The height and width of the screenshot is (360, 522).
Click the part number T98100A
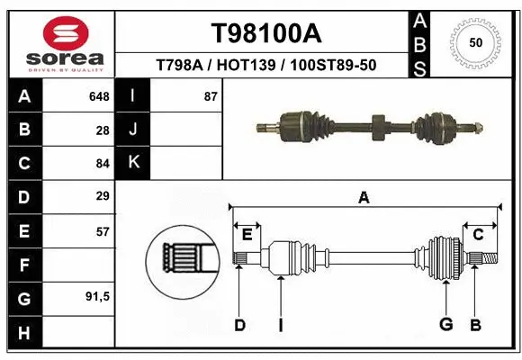click(265, 33)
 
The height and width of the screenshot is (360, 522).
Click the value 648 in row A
click(99, 96)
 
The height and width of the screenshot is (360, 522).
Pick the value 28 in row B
click(103, 130)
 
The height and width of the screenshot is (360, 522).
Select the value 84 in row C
click(103, 163)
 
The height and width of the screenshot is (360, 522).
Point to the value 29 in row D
click(103, 196)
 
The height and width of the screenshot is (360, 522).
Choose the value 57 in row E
click(103, 230)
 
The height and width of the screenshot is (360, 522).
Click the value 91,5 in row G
click(97, 297)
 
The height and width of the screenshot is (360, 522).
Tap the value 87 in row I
click(211, 96)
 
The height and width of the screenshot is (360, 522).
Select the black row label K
click(133, 163)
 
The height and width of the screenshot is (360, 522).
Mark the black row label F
click(23, 265)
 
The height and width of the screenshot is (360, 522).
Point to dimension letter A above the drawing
click(364, 198)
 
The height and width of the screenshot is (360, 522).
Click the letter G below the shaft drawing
click(445, 325)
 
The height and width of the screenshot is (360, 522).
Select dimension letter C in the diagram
click(479, 235)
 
